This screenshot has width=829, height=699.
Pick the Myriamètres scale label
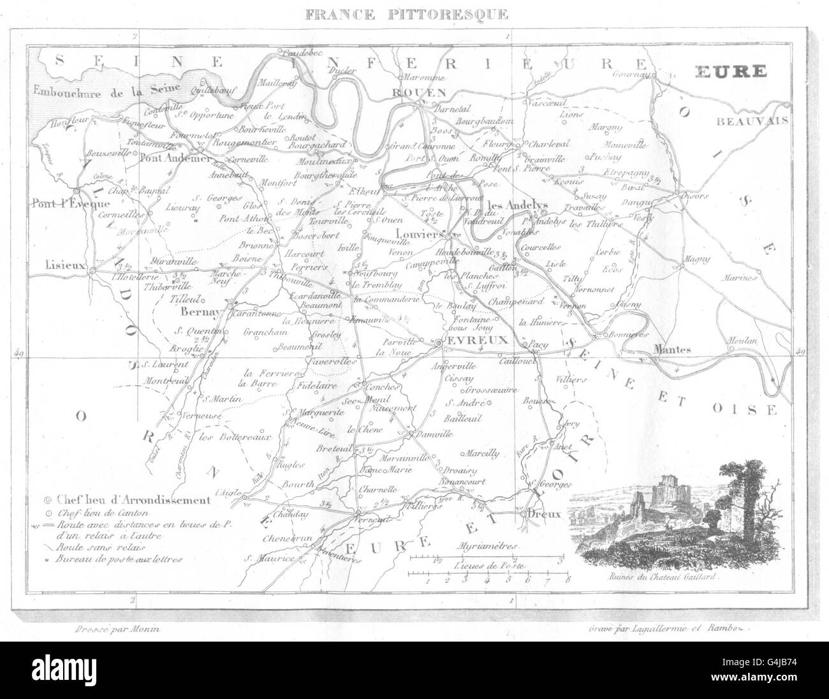click(x=488, y=547)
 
